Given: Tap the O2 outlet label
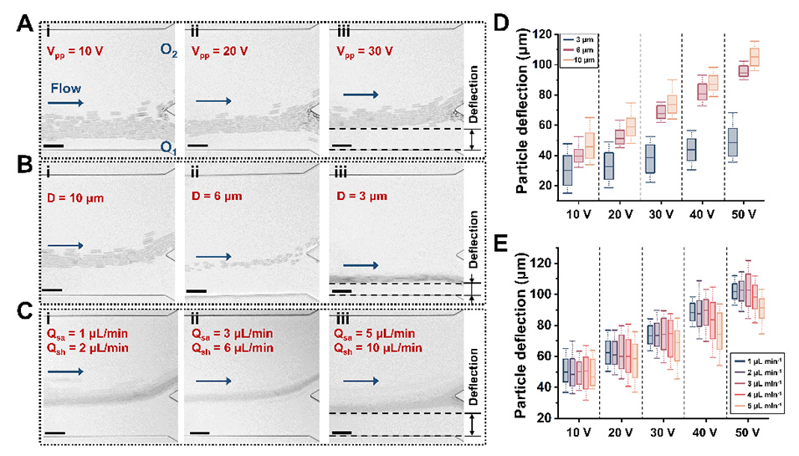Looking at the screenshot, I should (167, 49).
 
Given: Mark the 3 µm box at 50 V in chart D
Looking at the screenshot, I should (730, 142).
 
